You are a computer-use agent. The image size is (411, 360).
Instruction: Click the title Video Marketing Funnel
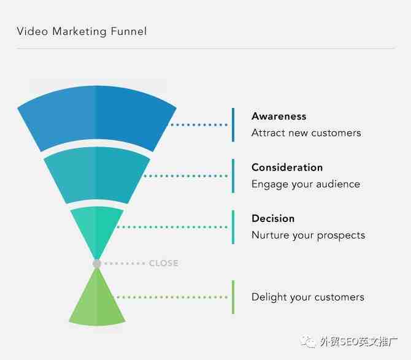pos(82,31)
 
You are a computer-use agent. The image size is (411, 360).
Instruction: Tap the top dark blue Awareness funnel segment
pos(97,118)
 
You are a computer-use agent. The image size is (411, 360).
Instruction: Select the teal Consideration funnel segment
pos(97,174)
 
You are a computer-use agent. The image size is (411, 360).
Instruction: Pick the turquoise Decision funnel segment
pos(97,228)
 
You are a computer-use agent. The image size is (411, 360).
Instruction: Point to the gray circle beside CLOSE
pos(97,263)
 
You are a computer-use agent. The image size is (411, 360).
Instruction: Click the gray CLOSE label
pos(164,263)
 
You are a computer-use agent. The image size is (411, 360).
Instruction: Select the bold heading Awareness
pos(279,117)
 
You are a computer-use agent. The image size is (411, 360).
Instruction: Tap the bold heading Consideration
pos(287,167)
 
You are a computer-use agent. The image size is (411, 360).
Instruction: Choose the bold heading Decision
pos(273,218)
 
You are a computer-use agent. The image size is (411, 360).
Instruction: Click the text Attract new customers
pos(306,133)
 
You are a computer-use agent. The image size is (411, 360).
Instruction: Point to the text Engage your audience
pos(305,184)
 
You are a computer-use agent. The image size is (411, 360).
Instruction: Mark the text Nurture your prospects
pos(308,236)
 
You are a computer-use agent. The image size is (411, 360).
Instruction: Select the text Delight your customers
pos(308,297)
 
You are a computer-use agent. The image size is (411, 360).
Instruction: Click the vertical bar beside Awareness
pos(233,124)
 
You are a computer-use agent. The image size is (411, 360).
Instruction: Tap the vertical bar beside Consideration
pos(233,176)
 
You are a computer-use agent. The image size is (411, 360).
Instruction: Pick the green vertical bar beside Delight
pos(233,297)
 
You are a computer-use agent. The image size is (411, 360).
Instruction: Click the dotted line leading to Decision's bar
pos(172,227)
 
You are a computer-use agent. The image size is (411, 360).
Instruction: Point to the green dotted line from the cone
pos(172,297)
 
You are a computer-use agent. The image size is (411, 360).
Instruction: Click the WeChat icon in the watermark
pos(308,342)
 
